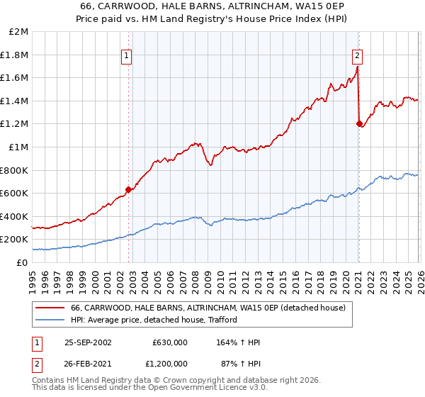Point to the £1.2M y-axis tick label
tap(15, 124)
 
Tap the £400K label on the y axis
tap(15, 216)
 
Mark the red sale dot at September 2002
tap(129, 189)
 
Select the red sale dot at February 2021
tap(358, 124)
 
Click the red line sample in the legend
tap(50, 308)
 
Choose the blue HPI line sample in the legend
tap(50, 320)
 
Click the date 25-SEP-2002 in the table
tap(88, 342)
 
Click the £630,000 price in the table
tap(169, 342)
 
